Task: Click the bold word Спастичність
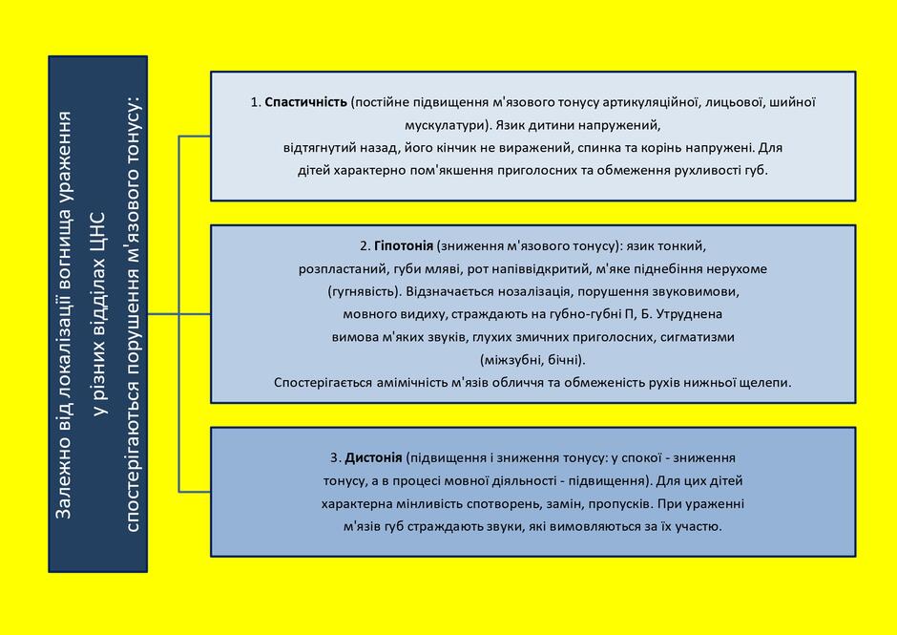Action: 305,102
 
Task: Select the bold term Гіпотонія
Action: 404,245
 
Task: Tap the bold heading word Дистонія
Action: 373,457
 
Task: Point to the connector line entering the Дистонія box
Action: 195,491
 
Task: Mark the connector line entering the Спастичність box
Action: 195,137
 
